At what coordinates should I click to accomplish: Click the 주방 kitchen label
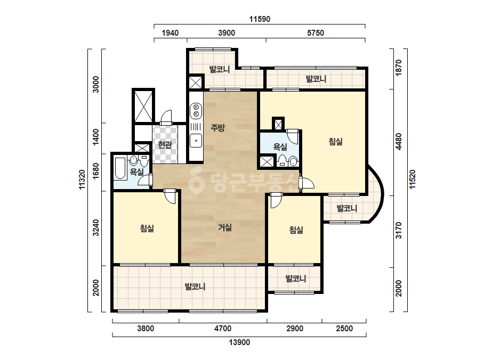point(218,128)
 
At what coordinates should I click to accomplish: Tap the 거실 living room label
point(225,227)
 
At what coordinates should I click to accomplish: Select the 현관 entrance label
point(165,144)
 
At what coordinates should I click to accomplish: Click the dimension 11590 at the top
point(260,19)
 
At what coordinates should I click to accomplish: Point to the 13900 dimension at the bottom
point(239,342)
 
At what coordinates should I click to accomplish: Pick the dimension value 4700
point(223,329)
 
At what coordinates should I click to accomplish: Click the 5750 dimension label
point(316,33)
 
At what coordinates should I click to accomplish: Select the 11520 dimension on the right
point(412,179)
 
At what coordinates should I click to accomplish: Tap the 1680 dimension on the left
point(96,171)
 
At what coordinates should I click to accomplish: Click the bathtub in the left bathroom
point(120,168)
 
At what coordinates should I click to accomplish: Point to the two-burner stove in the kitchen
point(196,111)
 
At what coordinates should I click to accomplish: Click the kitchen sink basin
point(196,141)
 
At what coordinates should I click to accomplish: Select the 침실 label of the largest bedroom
point(335,142)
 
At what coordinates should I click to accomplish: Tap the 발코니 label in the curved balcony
point(346,208)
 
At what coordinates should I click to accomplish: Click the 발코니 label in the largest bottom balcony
point(195,287)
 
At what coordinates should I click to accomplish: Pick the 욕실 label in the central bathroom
point(280,146)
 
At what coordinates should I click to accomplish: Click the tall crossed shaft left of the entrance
point(143,106)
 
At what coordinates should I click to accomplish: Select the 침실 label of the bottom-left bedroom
point(147,228)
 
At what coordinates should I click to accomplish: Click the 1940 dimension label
point(170,33)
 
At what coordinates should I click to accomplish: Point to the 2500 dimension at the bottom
point(344,329)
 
